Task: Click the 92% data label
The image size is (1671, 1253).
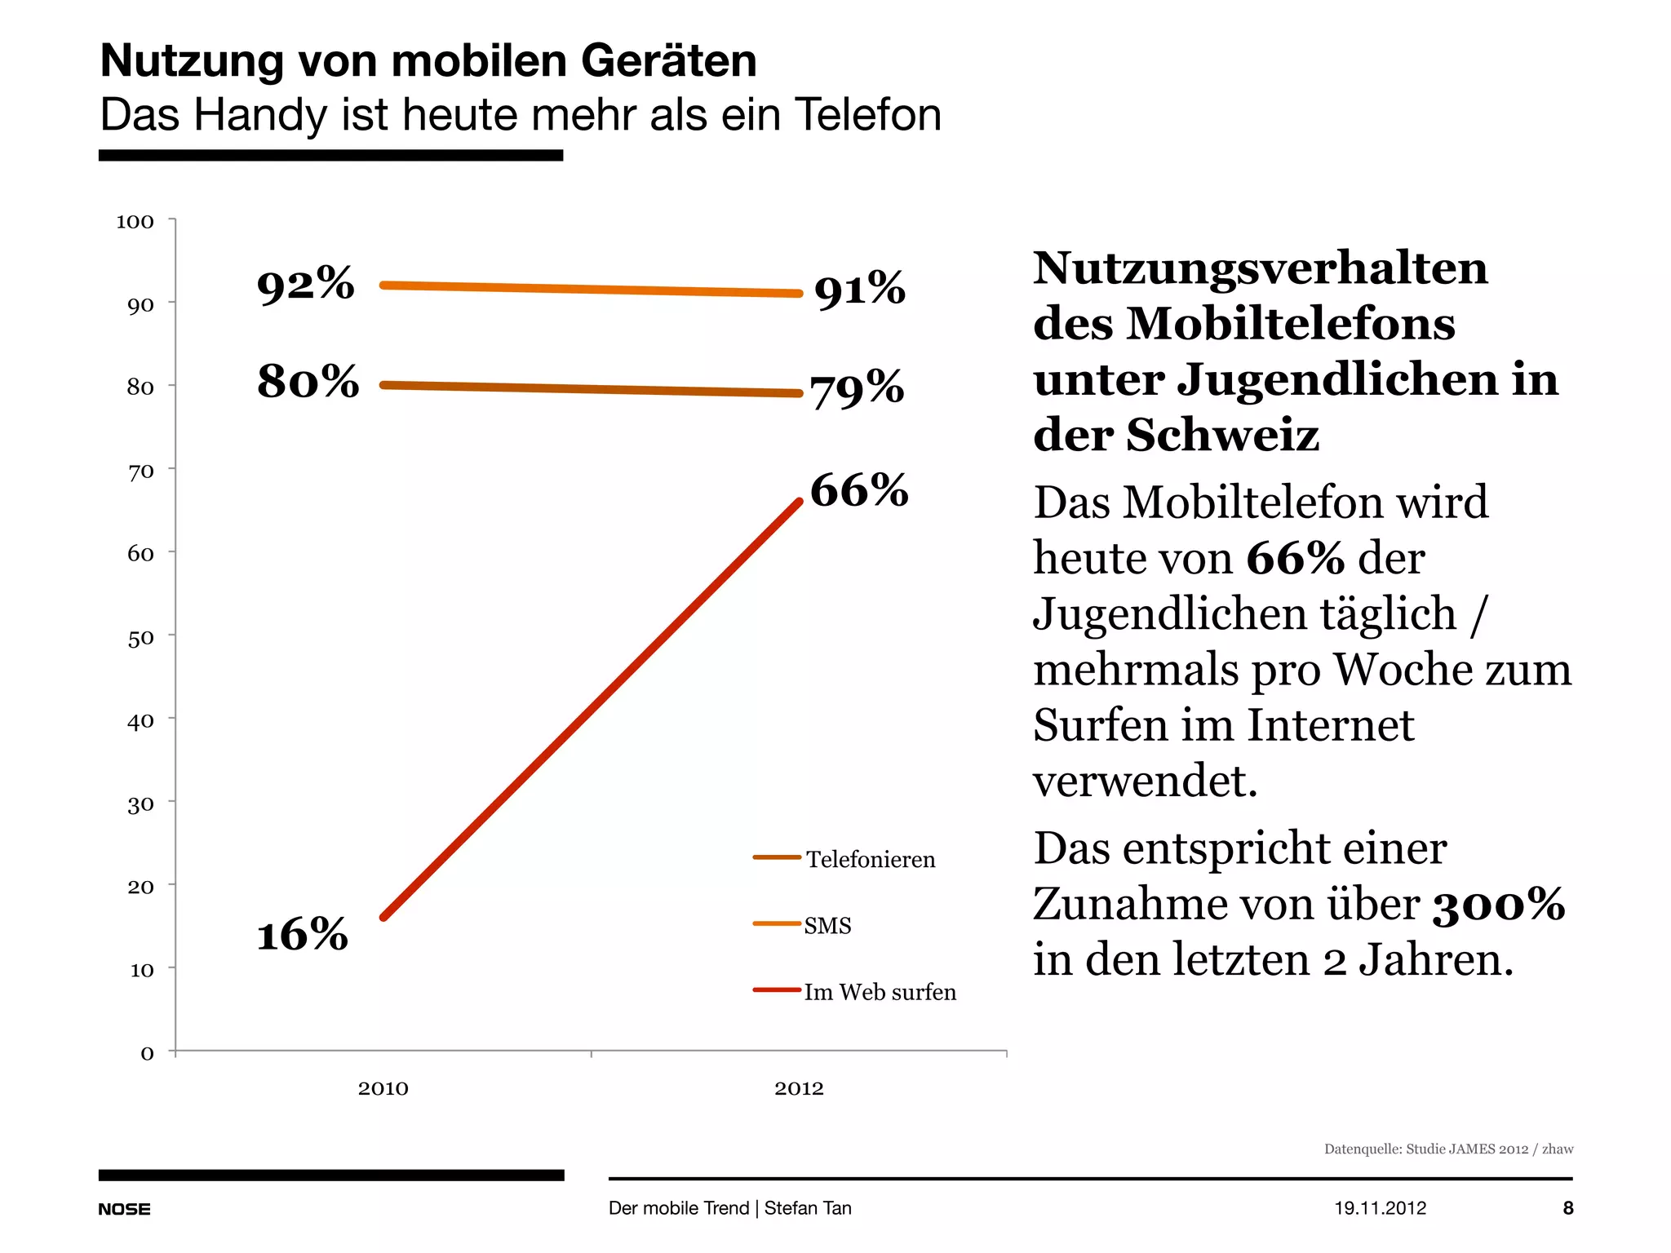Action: [305, 284]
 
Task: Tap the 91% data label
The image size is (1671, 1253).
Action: [859, 290]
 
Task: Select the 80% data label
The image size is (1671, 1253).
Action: [308, 381]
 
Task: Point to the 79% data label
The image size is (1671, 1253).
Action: [857, 388]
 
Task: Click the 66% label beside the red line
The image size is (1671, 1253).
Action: [858, 490]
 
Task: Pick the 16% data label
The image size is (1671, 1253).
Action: [302, 934]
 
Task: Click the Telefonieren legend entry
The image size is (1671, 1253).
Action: [870, 859]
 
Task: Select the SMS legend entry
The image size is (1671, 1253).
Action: [827, 925]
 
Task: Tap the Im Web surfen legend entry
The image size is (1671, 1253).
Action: [880, 992]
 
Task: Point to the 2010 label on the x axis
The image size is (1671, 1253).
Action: [383, 1088]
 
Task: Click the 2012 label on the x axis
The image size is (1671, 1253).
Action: [799, 1088]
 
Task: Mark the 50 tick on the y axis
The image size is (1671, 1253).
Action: [140, 638]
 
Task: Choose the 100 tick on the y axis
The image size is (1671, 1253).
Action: [135, 222]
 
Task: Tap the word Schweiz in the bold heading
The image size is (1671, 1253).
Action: [1222, 435]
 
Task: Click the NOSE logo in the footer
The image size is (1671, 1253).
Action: [124, 1209]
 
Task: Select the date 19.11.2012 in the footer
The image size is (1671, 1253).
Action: [1380, 1208]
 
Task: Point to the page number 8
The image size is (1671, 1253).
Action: [1567, 1208]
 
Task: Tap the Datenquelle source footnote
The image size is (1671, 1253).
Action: [1448, 1149]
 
